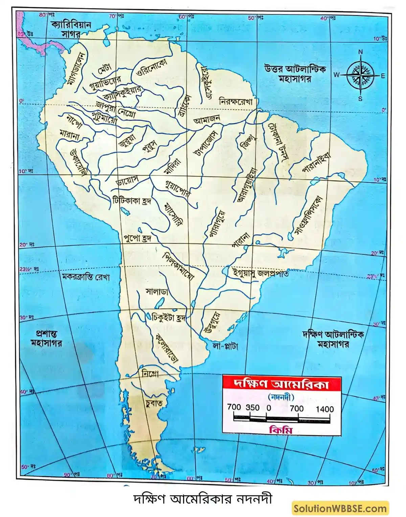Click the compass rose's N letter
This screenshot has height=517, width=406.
pyautogui.click(x=360, y=52)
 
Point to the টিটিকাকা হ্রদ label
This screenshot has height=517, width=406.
pyautogui.click(x=132, y=200)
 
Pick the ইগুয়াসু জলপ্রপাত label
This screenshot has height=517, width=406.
pyautogui.click(x=261, y=273)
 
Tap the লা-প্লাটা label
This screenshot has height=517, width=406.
pyautogui.click(x=225, y=346)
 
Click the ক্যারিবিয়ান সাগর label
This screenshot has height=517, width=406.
pyautogui.click(x=71, y=29)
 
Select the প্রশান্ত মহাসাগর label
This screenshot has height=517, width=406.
pyautogui.click(x=46, y=338)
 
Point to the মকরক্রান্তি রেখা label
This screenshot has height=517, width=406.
pyautogui.click(x=86, y=277)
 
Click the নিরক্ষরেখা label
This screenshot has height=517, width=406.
pyautogui.click(x=238, y=101)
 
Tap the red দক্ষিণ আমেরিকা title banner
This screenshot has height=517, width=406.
pyautogui.click(x=281, y=384)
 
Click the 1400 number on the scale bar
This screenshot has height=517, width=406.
pyautogui.click(x=324, y=409)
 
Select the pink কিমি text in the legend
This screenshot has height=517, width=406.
pyautogui.click(x=281, y=430)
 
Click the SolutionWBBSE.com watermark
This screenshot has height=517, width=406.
pyautogui.click(x=340, y=508)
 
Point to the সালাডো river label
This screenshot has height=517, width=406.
pyautogui.click(x=157, y=292)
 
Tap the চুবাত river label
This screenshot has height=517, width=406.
pyautogui.click(x=154, y=403)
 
